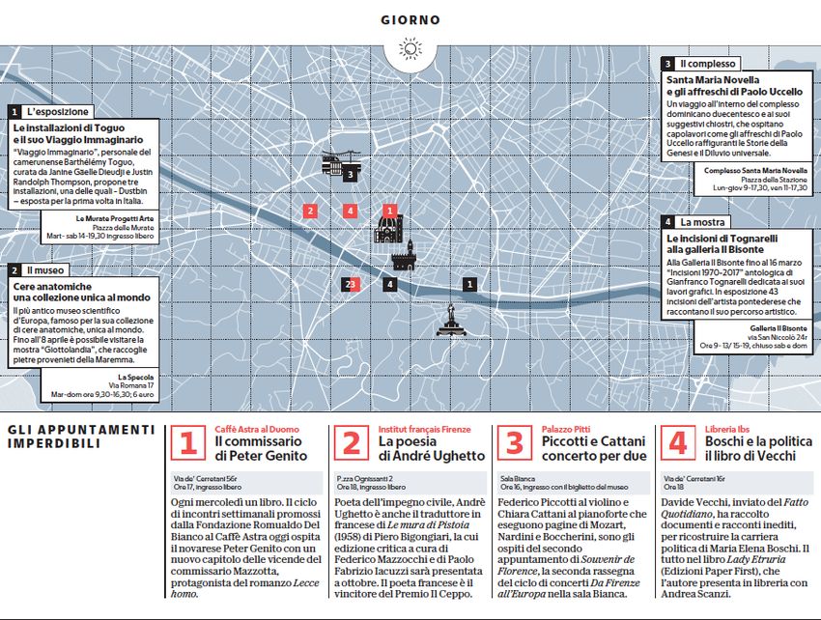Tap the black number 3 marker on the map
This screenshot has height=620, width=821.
[x=350, y=176]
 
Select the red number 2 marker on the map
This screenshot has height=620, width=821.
[x=310, y=211]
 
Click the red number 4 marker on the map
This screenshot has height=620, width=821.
[x=350, y=211]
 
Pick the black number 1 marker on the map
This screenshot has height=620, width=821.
[x=469, y=284]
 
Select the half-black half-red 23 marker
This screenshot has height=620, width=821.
[x=353, y=284]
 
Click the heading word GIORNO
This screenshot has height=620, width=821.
[x=410, y=19]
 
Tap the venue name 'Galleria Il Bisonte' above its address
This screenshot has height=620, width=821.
[x=773, y=327]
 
